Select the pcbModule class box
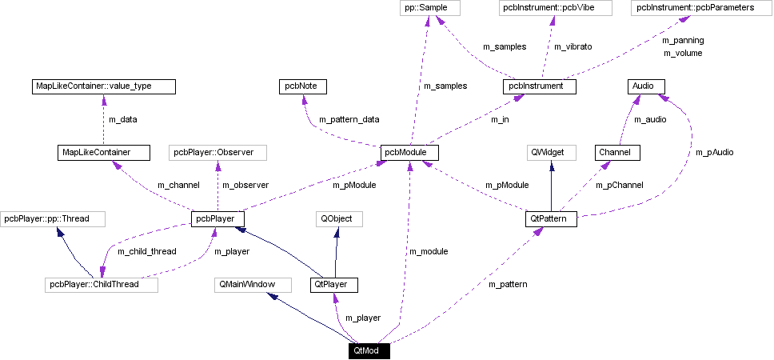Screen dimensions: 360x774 (x=409, y=151)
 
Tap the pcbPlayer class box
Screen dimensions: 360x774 (x=217, y=218)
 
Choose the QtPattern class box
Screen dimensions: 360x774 (x=551, y=218)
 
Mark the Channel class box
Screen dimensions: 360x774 (x=615, y=151)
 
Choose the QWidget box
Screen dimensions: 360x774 (x=552, y=151)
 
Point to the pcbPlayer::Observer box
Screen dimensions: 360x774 (x=217, y=151)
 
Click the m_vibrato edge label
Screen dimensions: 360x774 (x=573, y=46)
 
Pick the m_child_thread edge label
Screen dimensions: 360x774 (x=147, y=251)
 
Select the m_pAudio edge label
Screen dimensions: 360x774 (x=715, y=151)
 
